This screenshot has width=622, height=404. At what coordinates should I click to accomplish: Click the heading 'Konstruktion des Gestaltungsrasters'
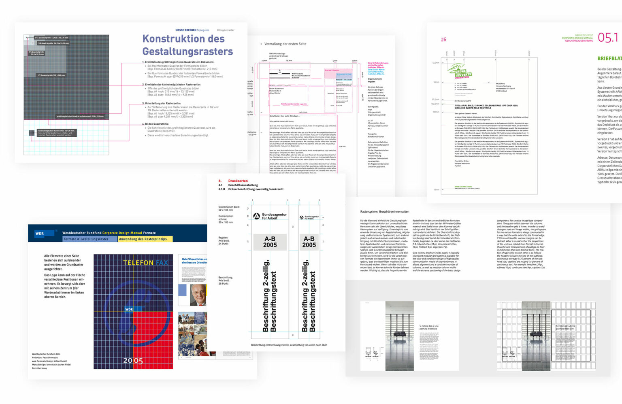click(x=187, y=45)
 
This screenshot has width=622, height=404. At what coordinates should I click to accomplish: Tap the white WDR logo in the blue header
click(x=40, y=233)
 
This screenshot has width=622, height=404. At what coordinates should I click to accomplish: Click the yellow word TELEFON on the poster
click(x=138, y=263)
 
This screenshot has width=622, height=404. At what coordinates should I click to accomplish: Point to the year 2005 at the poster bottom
click(x=133, y=360)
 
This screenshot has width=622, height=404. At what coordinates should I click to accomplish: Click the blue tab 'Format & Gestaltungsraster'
click(x=86, y=239)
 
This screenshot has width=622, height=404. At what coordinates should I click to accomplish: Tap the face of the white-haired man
click(x=198, y=296)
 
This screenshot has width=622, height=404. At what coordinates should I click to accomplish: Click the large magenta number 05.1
click(x=608, y=38)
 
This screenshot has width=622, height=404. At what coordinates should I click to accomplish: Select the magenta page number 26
click(x=443, y=40)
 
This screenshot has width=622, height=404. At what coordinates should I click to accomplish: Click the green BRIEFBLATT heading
click(x=609, y=58)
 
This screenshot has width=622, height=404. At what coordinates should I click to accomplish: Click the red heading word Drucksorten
click(x=238, y=181)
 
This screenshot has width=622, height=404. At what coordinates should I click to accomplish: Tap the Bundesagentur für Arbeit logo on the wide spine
click(x=270, y=216)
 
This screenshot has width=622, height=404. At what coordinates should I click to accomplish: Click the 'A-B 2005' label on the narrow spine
click(x=309, y=242)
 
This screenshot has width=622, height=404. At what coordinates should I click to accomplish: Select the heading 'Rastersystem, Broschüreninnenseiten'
click(x=384, y=212)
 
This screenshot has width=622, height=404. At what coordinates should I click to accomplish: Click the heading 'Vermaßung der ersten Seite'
click(x=285, y=44)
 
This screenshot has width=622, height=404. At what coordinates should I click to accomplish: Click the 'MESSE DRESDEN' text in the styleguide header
click(x=185, y=30)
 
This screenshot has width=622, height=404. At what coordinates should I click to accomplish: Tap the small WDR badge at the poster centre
click(x=129, y=309)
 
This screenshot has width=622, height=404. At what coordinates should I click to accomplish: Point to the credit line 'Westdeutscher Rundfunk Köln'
click(x=47, y=354)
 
